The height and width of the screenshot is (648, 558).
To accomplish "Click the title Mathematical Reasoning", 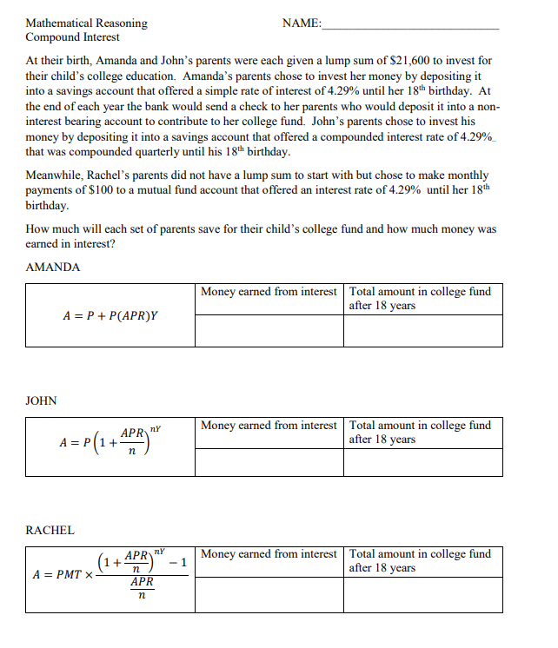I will click(86, 23).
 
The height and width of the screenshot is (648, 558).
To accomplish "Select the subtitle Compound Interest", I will click(73, 37).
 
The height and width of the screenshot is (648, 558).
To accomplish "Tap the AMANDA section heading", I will click(53, 267).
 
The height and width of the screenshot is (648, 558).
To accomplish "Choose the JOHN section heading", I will click(42, 400).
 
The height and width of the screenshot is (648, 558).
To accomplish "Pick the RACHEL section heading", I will click(50, 530).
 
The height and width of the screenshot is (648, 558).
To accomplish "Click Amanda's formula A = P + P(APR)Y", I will click(110, 314).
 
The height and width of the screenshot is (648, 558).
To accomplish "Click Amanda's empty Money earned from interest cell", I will click(269, 331).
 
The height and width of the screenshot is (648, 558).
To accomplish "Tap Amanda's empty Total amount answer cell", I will click(422, 331).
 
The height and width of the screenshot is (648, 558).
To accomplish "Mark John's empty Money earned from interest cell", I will click(269, 462).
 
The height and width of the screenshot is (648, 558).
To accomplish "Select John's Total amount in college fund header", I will click(420, 432).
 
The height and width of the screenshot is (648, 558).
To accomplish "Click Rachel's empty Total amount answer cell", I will click(422, 595).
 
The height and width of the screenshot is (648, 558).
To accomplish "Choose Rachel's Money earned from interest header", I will click(269, 554).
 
